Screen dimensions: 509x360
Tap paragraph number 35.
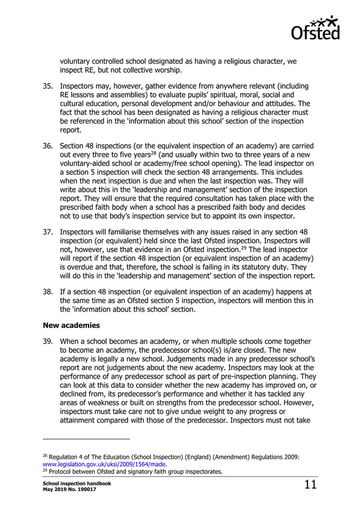click(49, 86)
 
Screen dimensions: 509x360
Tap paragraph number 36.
click(49, 147)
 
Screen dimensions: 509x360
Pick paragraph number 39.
click(49, 342)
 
